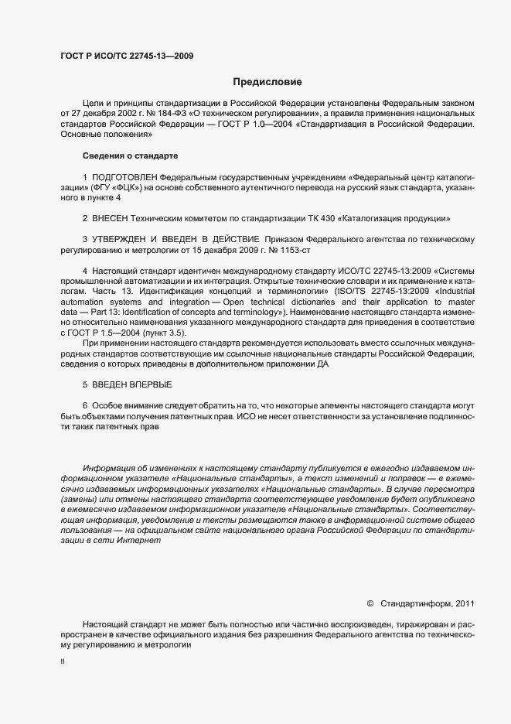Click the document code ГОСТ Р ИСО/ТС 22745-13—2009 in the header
point(126,56)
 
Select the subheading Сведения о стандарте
point(119,156)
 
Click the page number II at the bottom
point(63,662)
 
